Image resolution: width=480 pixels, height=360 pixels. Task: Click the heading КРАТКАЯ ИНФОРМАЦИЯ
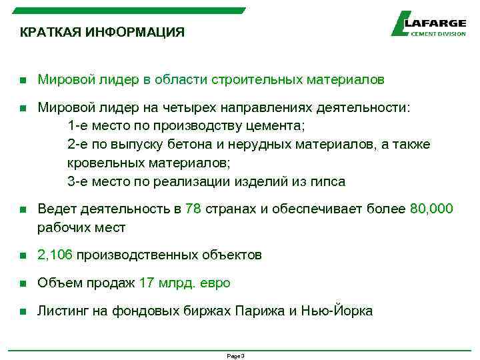102,32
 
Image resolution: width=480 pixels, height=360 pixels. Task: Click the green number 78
193,209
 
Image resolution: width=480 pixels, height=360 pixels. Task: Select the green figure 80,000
431,209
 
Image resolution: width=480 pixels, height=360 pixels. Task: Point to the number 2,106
56,255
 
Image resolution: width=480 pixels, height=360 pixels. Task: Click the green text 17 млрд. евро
185,283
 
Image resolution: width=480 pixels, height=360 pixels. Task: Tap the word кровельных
99,163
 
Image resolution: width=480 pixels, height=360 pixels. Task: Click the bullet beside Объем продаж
22,283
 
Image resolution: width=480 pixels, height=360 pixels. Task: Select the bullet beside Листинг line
22,311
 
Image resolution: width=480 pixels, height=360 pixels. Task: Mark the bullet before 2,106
22,255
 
